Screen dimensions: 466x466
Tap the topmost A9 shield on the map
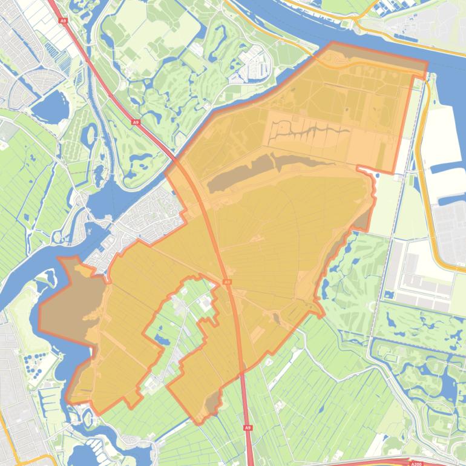(63, 20)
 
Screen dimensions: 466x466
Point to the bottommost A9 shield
(248, 428)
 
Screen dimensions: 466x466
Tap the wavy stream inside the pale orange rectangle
(309, 130)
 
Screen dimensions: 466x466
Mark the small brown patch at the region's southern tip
(212, 402)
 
